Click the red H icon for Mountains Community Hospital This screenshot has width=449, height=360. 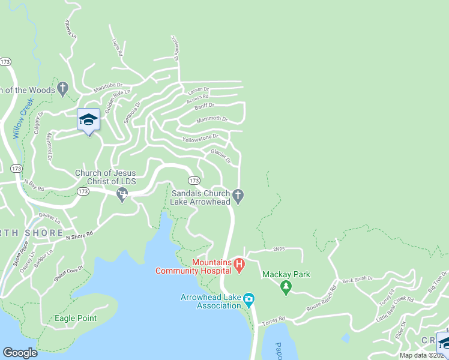click(238, 264)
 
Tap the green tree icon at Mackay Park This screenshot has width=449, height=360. click(286, 287)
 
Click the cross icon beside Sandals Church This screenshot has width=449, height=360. click(238, 195)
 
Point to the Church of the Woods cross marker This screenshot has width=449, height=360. click(62, 90)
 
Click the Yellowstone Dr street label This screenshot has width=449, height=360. click(200, 138)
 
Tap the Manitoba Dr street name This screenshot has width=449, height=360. click(108, 88)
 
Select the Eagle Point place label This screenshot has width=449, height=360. click(76, 318)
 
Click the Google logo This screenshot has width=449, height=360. click(20, 353)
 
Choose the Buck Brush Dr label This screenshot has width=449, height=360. click(358, 279)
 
